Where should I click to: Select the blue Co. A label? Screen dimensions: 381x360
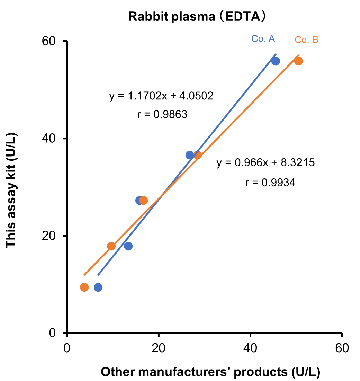tap(263, 39)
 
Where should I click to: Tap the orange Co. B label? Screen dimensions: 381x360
tap(306, 40)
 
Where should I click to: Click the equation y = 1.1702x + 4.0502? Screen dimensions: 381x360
tap(161, 96)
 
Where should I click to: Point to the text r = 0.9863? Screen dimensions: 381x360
tap(162, 114)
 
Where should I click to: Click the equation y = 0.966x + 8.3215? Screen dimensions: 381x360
tap(265, 163)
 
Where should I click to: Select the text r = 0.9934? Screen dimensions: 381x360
tap(270, 183)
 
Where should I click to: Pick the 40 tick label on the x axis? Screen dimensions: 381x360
tap(250, 348)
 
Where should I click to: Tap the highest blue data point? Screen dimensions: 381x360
tap(276, 61)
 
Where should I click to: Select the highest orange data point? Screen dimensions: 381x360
tap(298, 61)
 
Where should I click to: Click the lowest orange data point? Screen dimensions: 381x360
tap(84, 287)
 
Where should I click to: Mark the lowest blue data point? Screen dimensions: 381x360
tap(98, 287)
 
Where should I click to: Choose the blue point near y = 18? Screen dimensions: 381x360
tap(128, 246)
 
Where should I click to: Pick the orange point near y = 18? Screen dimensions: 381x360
tap(111, 246)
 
